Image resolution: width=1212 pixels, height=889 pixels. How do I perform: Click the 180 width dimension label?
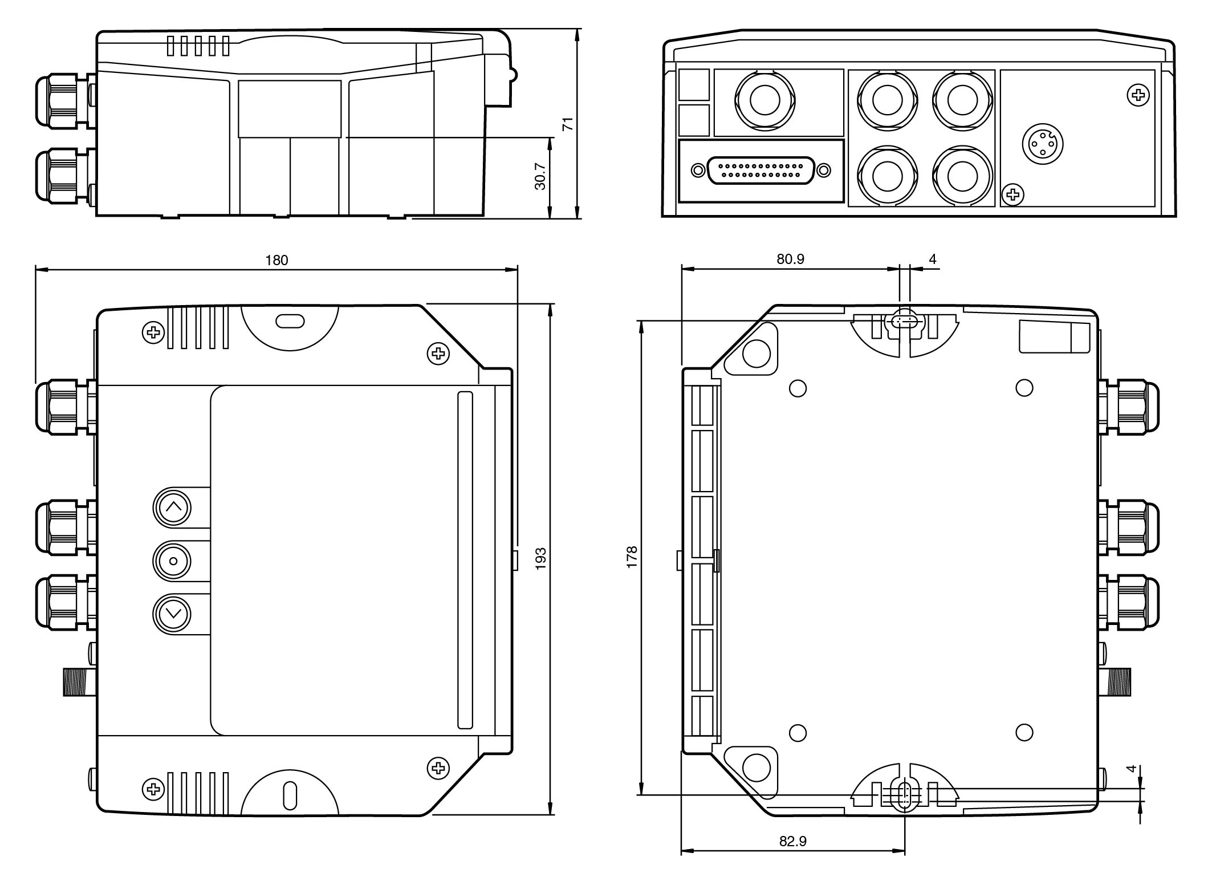(x=277, y=261)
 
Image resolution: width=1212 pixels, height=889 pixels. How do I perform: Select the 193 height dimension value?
(x=541, y=559)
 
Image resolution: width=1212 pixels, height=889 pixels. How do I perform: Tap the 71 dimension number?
(x=568, y=124)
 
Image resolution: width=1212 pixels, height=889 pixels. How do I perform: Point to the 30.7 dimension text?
(x=540, y=176)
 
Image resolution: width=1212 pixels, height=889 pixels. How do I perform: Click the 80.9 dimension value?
(x=790, y=259)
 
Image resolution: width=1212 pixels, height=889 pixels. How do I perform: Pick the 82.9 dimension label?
(x=792, y=841)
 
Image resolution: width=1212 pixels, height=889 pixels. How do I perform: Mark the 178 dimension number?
(x=632, y=557)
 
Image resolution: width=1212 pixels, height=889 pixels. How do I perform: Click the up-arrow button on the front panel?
(x=172, y=507)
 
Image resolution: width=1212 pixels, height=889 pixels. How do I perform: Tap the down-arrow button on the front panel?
(x=172, y=614)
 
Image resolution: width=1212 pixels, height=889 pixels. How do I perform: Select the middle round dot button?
(x=172, y=561)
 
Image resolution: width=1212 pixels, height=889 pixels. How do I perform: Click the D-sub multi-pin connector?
(x=760, y=170)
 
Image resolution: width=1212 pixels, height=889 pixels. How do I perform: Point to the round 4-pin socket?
(x=1042, y=143)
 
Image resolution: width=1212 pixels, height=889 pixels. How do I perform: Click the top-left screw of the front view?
(x=153, y=332)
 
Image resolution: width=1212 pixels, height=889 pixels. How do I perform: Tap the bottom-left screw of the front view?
(x=153, y=789)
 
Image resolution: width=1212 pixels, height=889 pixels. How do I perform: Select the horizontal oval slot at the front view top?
(x=290, y=321)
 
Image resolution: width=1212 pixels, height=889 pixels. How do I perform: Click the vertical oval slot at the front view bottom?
(x=290, y=795)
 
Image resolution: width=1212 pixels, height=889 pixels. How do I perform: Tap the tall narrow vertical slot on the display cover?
(x=465, y=560)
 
